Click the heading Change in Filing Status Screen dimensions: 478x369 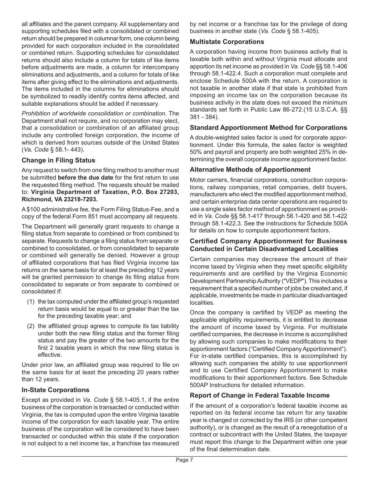[58, 160]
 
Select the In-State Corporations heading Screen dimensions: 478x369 [55, 390]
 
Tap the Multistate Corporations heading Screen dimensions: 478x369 [227, 42]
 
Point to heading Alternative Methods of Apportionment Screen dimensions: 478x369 [250, 169]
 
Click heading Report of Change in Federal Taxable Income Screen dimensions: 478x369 [259, 395]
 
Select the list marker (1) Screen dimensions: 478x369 [31, 302]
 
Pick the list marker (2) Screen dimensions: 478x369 [31, 326]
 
